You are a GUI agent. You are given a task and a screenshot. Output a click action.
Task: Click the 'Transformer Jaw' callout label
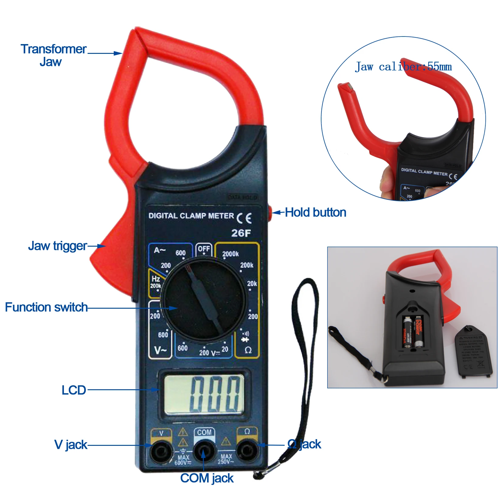tap(53, 55)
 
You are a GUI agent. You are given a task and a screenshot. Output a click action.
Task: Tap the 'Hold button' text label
tap(315, 212)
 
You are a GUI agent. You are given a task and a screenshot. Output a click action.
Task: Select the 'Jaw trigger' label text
tap(57, 246)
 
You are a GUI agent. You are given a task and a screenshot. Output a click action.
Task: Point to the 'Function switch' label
tap(46, 307)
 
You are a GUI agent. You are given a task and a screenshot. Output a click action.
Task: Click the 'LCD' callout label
tap(74, 390)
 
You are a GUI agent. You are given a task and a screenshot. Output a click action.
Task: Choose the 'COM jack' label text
tap(207, 478)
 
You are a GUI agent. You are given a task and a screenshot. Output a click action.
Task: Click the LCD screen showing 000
tap(204, 394)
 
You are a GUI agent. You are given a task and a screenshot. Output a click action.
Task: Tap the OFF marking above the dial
tap(204, 249)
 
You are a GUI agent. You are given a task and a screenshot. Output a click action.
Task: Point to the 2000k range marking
tap(230, 254)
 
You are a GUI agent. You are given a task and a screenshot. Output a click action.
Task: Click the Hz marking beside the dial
tap(156, 279)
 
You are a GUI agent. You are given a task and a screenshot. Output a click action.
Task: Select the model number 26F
tap(241, 233)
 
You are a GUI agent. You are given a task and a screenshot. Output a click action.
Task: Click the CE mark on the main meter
tap(244, 218)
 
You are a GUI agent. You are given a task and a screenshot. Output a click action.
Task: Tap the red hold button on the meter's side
tap(269, 213)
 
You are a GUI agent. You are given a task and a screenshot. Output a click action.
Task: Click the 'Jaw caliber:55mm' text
tap(403, 67)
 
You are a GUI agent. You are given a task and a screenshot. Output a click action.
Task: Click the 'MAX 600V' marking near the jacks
tap(183, 460)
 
